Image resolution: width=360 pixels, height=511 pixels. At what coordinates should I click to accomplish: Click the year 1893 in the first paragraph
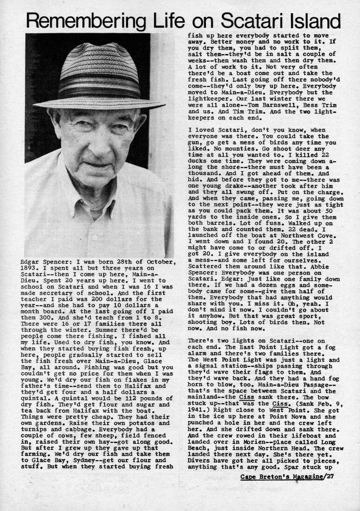pyautogui.click(x=31, y=269)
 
